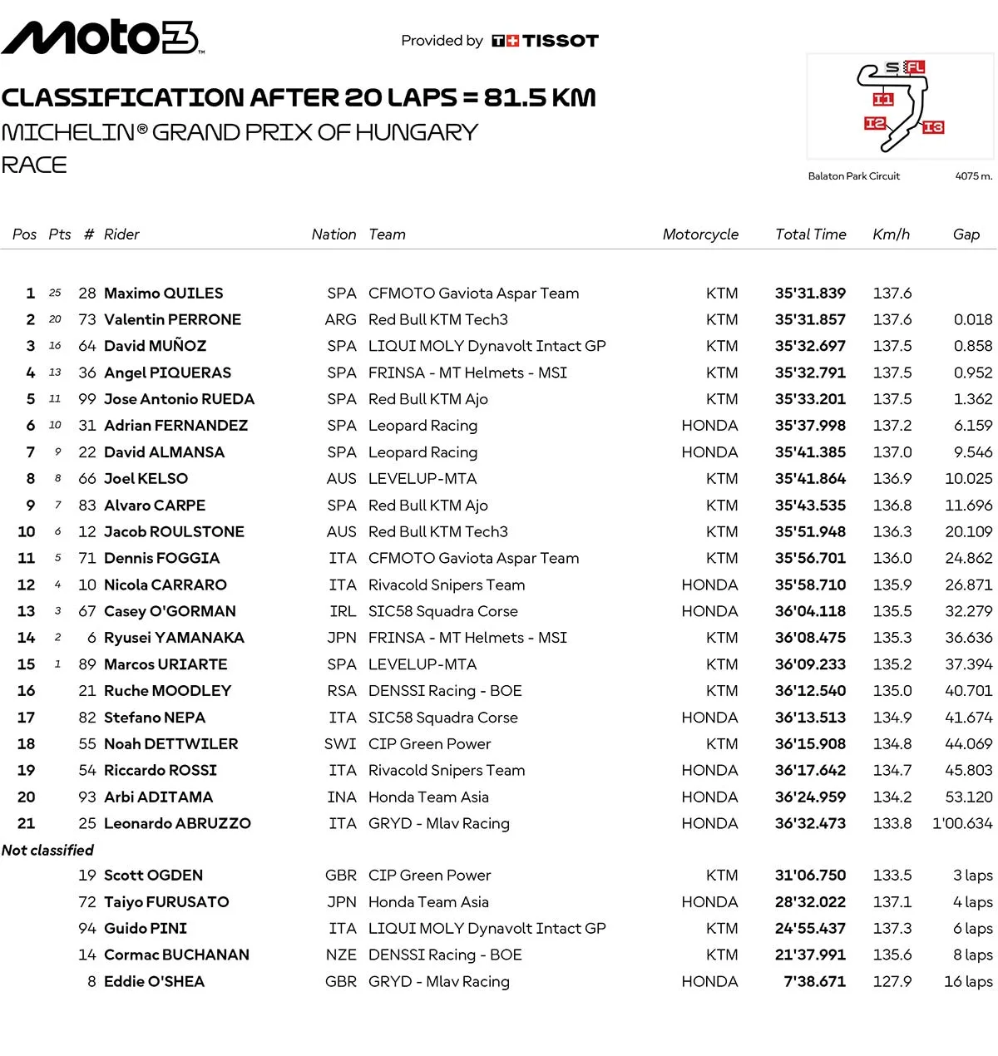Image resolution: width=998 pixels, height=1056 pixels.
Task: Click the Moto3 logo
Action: [101, 37]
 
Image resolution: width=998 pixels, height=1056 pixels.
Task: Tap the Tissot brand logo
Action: [546, 41]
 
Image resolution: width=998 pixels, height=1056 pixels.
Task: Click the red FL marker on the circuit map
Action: [915, 67]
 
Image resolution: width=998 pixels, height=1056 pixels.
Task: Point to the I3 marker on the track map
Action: [933, 127]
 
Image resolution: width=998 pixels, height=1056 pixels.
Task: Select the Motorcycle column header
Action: [700, 234]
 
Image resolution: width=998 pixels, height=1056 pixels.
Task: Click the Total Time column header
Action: [810, 234]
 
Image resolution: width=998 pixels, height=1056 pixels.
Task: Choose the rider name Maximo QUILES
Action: [163, 294]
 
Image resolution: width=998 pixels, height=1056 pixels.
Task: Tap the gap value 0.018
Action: [973, 319]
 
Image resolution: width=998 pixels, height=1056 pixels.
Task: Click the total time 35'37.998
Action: [810, 426]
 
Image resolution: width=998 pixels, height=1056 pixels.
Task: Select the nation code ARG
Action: [340, 319]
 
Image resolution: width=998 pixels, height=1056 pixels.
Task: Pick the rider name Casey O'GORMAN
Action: [170, 611]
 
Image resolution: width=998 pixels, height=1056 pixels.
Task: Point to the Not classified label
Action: [47, 850]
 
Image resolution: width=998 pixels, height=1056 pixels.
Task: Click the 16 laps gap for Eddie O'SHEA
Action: [968, 981]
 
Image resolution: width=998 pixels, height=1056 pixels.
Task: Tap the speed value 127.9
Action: [892, 981]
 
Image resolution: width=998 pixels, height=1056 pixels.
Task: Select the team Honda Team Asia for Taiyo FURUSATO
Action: [428, 902]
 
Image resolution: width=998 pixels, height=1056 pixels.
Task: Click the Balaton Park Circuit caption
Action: [853, 176]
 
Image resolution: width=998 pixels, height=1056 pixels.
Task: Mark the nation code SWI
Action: [340, 744]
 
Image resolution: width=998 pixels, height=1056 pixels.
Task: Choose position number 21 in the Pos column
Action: [27, 823]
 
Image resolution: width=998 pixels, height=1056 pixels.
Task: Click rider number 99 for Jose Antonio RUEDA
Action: [87, 399]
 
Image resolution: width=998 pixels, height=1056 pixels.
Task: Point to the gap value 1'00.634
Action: [962, 823]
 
